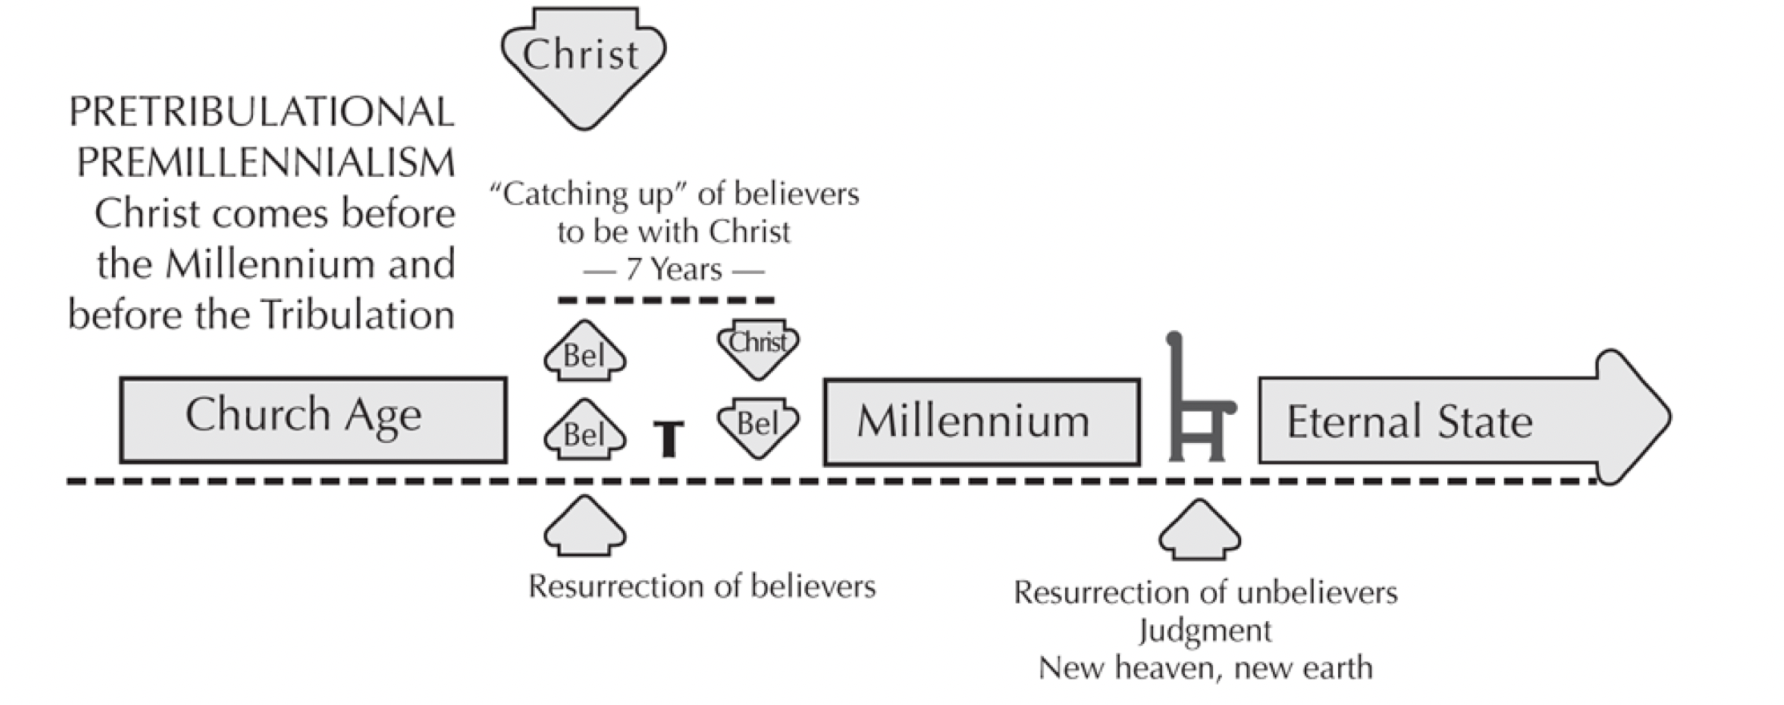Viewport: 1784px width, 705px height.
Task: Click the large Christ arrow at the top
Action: (584, 64)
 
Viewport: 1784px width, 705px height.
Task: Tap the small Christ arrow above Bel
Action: (757, 349)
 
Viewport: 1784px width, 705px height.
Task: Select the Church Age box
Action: (313, 420)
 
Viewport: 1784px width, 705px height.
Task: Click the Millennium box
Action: (982, 421)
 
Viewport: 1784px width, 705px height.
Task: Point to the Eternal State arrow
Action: (1465, 417)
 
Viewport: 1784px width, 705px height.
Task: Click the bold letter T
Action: (669, 438)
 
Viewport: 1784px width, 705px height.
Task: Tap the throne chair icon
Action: (1199, 397)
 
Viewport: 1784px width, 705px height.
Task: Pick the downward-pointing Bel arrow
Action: (757, 428)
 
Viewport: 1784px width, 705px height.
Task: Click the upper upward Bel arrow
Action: (585, 351)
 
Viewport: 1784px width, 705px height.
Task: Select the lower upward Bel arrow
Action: (585, 429)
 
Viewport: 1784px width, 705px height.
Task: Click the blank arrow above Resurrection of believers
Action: (585, 526)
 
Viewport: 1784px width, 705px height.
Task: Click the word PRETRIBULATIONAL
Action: (262, 112)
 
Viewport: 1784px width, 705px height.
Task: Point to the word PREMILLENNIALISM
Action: (266, 163)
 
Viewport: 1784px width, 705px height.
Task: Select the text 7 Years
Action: (674, 270)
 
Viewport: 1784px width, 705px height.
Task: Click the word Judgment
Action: (1205, 631)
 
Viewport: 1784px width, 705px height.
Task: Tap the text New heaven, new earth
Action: (1205, 667)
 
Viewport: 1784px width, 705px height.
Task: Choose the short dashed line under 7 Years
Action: (666, 300)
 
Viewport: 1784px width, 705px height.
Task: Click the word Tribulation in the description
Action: (358, 314)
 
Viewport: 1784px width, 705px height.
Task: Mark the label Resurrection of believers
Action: (702, 586)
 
